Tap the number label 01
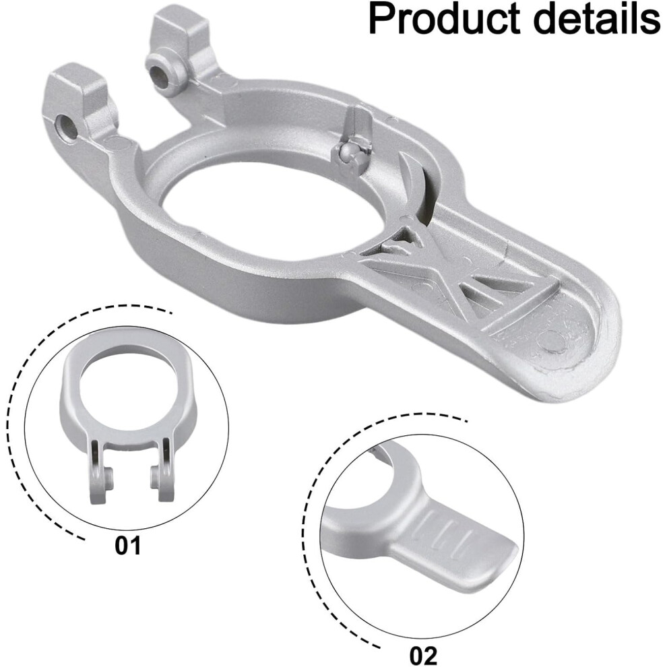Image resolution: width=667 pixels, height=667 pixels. pos(127,545)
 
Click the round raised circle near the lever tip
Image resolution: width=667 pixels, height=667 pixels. pos(552,339)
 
